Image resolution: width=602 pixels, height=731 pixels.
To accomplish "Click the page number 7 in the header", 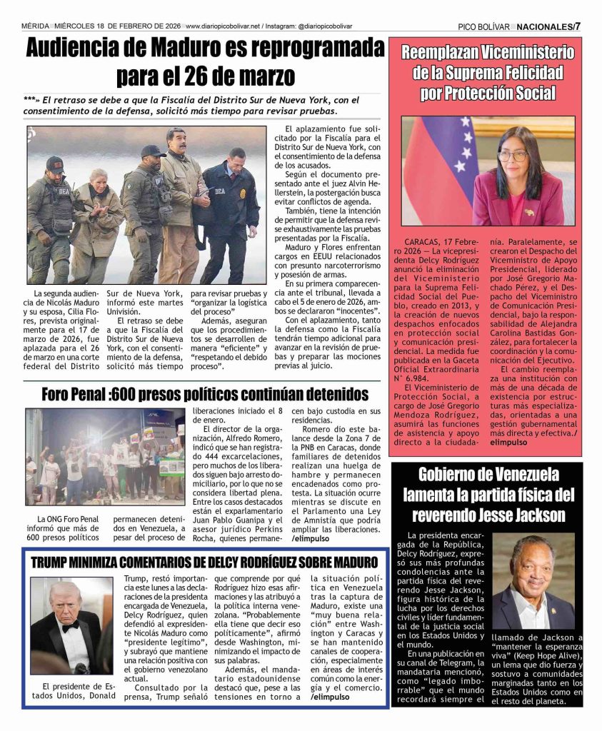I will pos(578,26).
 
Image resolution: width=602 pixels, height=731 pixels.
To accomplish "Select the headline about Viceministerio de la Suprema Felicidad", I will pos(487,72).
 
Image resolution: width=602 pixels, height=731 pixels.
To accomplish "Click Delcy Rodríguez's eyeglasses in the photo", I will pos(513,155).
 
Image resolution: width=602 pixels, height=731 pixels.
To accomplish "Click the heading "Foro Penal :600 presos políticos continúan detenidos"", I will pos(205,395).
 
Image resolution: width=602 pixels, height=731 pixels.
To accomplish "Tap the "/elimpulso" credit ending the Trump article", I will pos(330,697).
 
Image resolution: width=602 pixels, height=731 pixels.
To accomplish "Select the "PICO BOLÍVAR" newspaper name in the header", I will pos(483,26).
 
